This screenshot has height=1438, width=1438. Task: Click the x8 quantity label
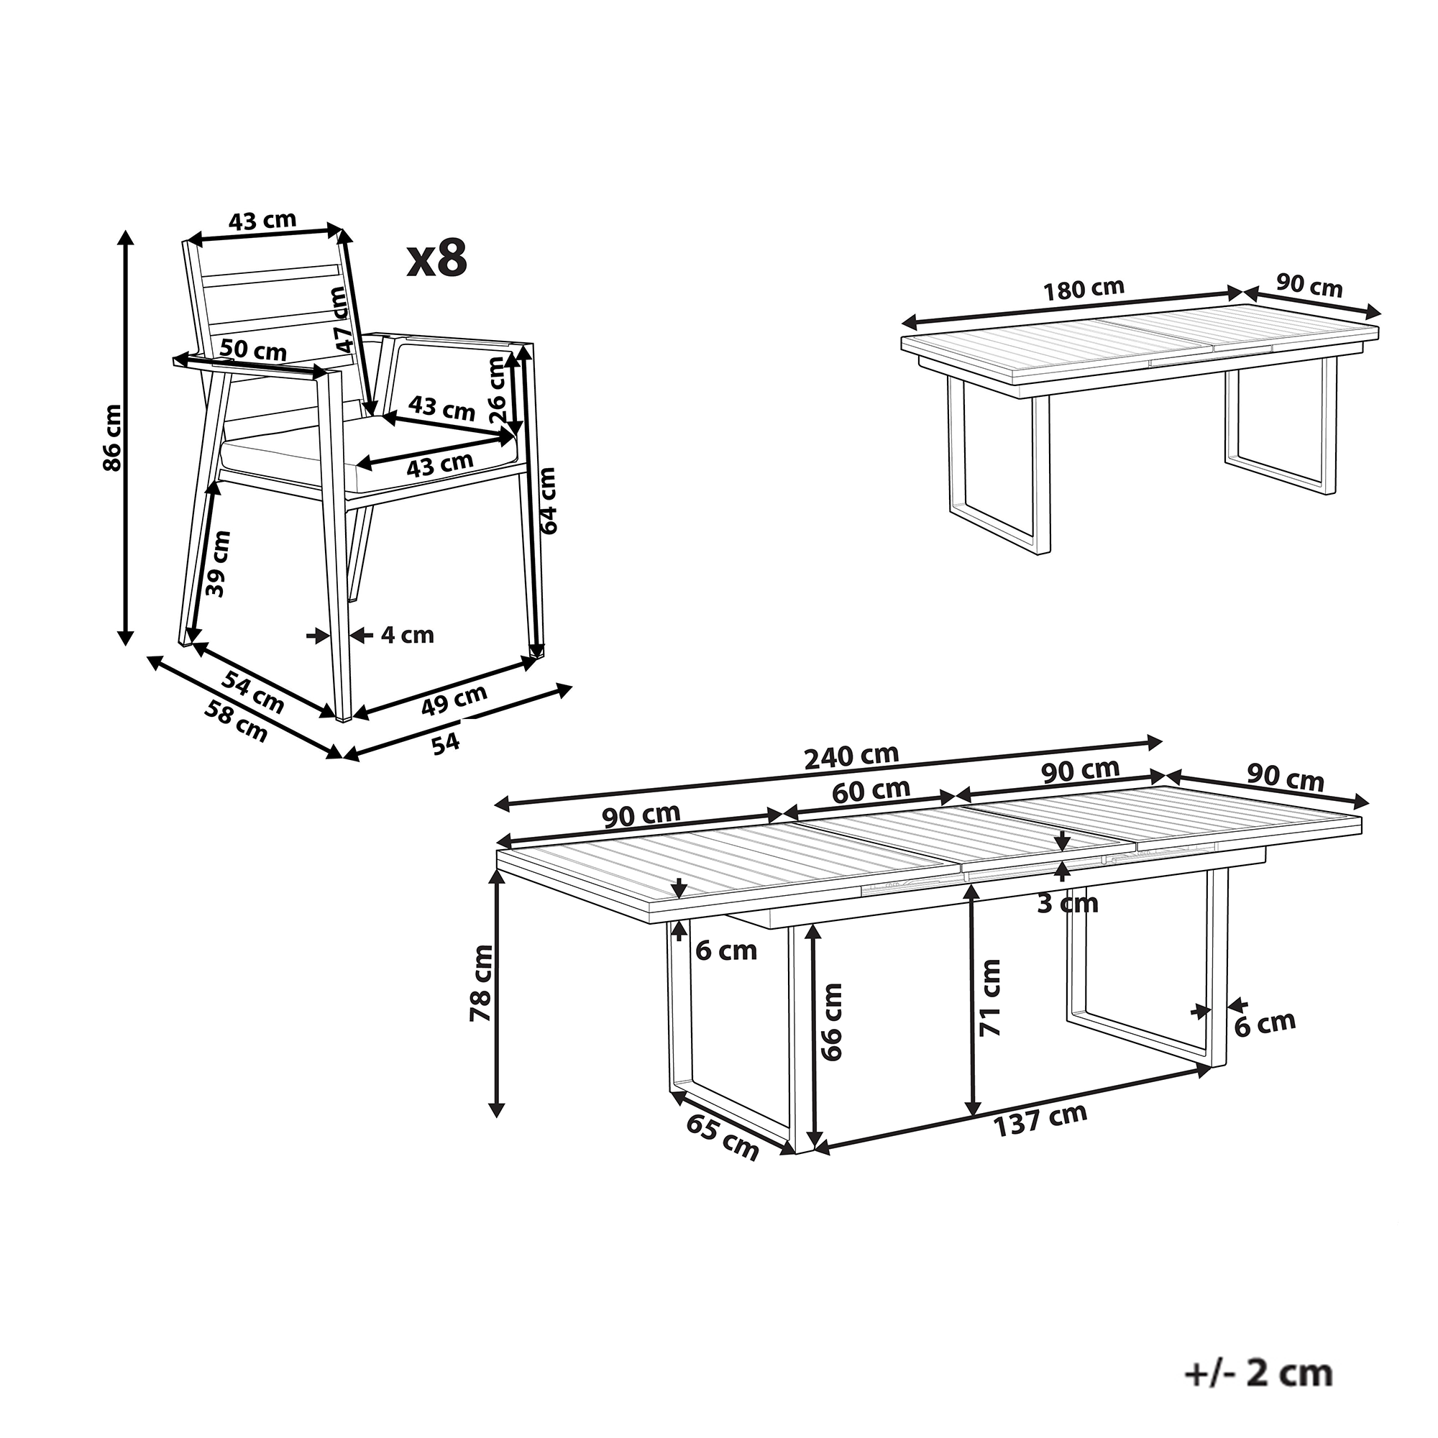438,259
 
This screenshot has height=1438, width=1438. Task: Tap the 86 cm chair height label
112,437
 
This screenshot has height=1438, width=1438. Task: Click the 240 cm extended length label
851,757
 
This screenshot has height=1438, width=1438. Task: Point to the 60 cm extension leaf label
871,790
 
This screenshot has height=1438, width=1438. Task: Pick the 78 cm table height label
482,982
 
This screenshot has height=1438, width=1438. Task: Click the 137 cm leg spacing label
1040,1140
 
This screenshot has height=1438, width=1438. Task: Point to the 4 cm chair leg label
407,635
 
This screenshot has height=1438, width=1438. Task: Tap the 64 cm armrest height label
548,500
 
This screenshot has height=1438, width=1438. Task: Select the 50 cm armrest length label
254,349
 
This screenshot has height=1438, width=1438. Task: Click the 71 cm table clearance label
990,997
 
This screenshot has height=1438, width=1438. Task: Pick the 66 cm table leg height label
831,1021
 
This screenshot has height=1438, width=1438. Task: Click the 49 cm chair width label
454,700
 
